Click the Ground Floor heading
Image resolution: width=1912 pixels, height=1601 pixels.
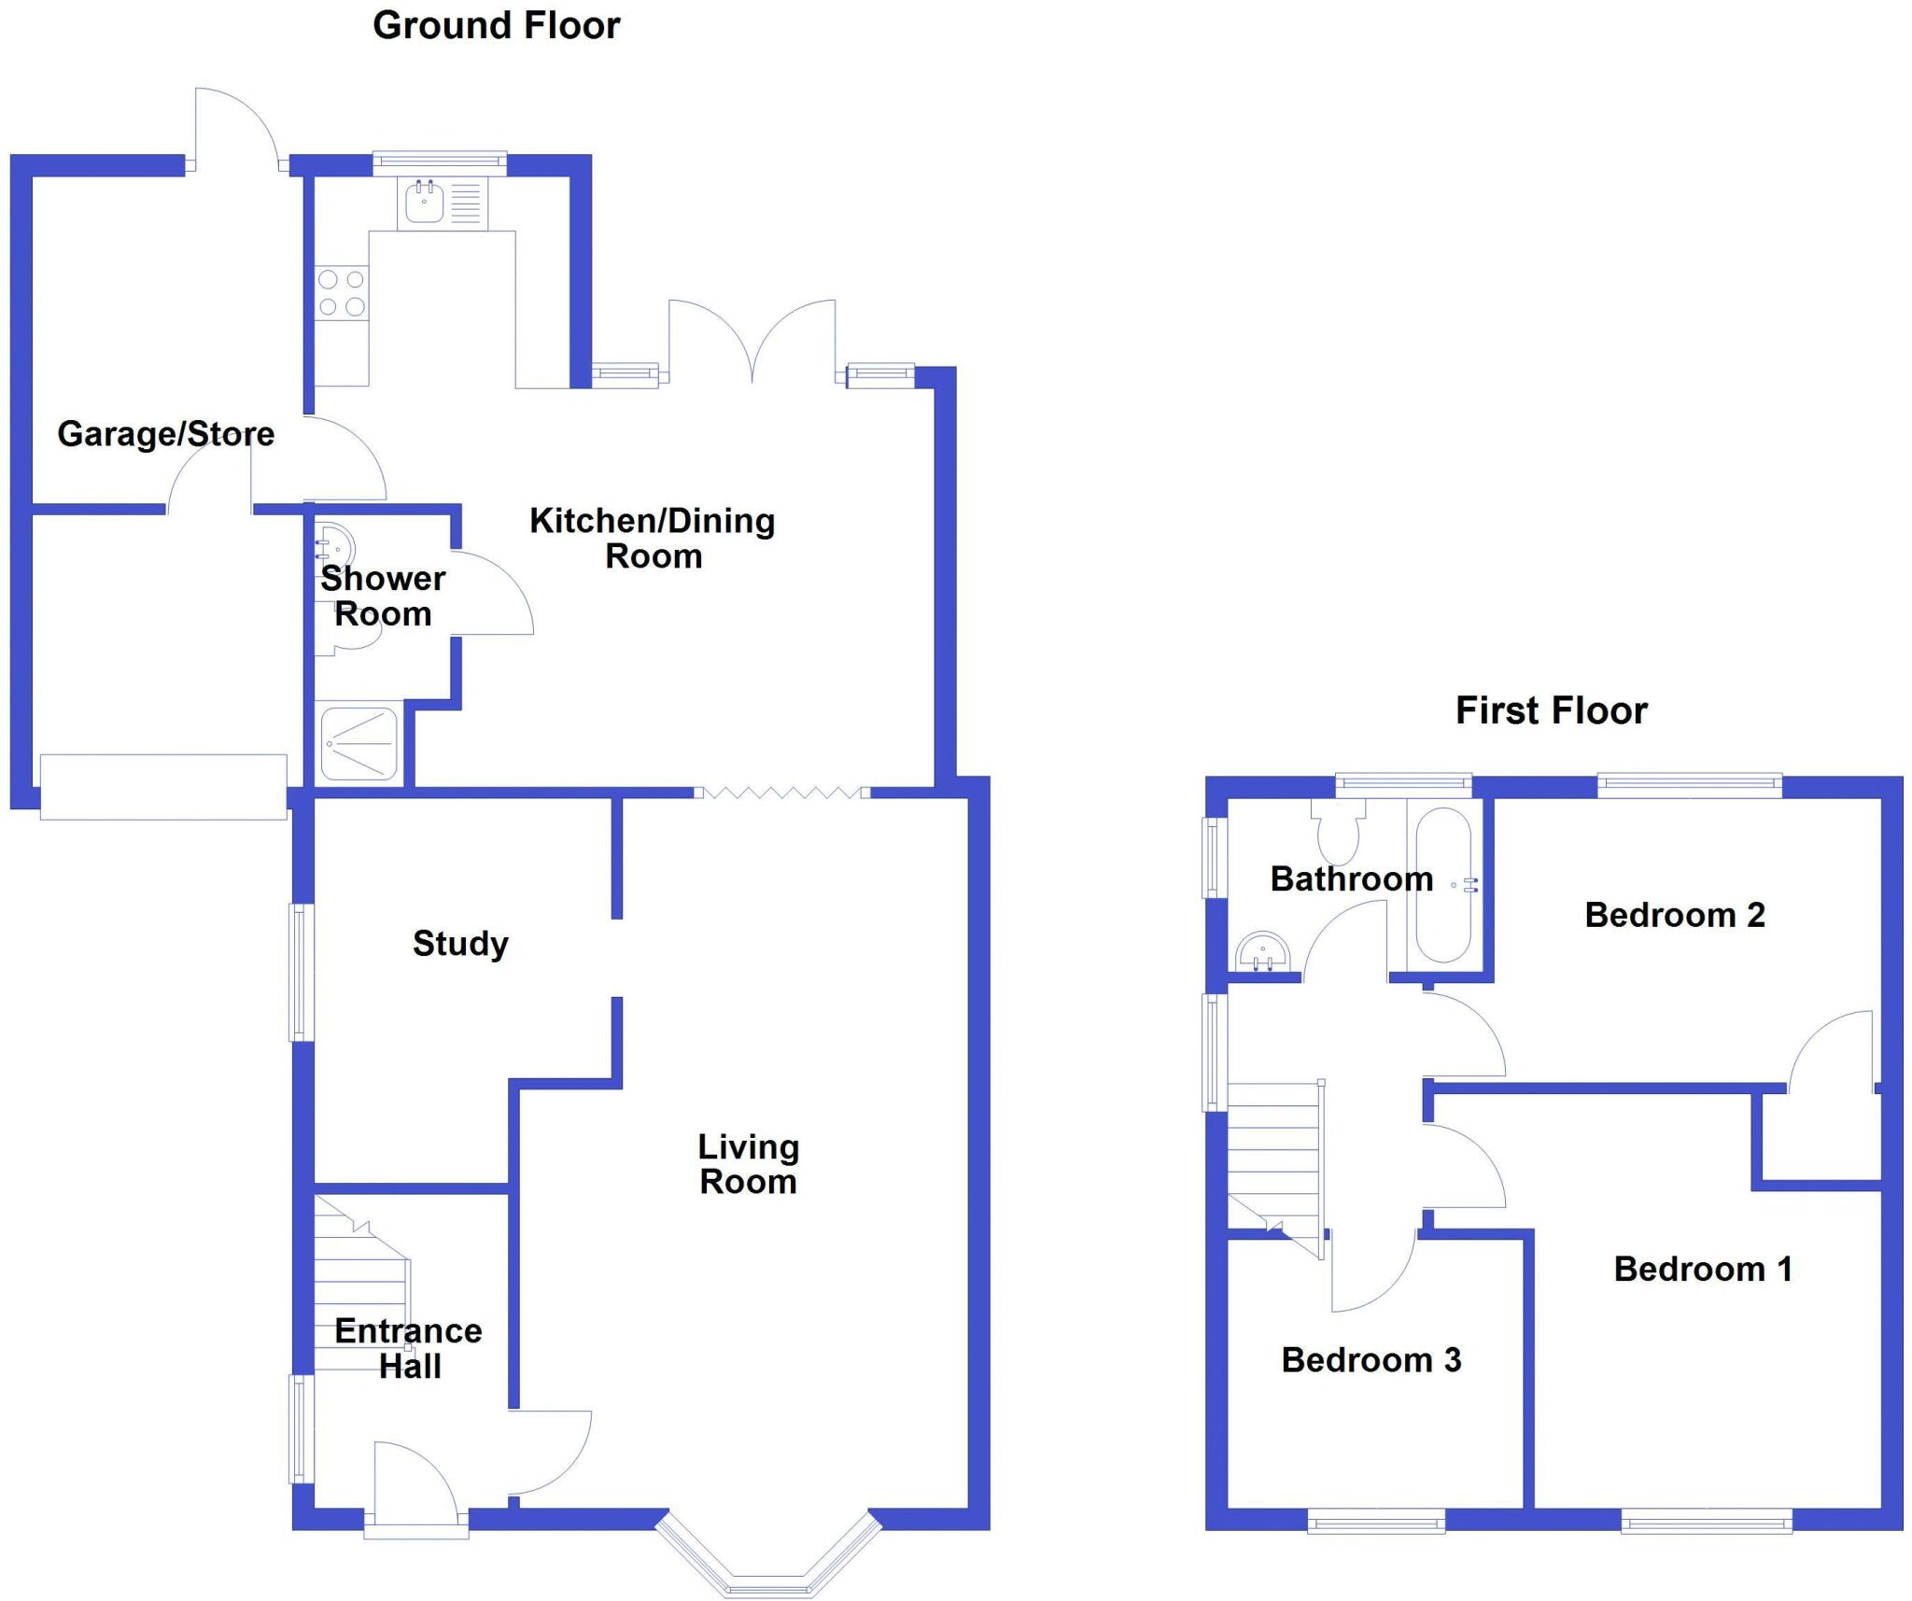pos(496,25)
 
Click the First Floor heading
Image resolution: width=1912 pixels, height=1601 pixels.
pos(1551,710)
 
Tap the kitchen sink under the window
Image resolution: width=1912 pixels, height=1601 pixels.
pos(425,203)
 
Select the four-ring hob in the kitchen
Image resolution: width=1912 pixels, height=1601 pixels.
pos(342,292)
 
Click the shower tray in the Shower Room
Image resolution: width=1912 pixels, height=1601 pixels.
pos(359,743)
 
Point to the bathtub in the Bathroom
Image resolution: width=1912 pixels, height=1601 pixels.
pos(1442,884)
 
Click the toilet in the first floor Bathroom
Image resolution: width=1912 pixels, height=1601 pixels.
pos(1339,833)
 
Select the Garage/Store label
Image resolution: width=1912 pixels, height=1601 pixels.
pos(166,434)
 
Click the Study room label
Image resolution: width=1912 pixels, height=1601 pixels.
pos(460,943)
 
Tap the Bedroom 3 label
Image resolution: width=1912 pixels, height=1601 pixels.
pos(1371,1360)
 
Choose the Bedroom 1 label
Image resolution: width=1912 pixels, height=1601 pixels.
pos(1703,1269)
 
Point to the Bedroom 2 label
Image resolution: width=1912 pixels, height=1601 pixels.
pos(1675,915)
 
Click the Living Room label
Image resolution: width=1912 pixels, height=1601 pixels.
pos(748,1164)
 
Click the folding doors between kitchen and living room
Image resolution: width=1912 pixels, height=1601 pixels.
pos(782,793)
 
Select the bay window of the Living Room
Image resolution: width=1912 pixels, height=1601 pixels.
pos(768,1562)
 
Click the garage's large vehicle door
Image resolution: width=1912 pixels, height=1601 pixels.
pos(163,787)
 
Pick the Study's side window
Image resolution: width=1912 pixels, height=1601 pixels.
pos(300,972)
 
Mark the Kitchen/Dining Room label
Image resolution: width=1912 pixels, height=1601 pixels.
pos(653,538)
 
